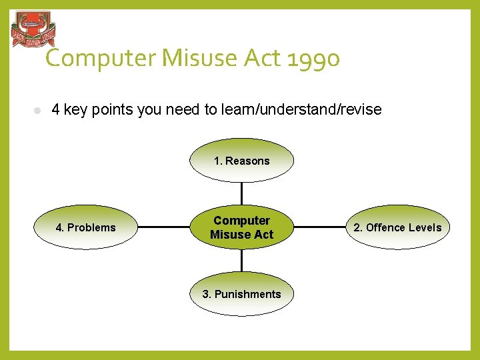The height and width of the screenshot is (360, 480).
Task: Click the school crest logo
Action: pyautogui.click(x=33, y=30)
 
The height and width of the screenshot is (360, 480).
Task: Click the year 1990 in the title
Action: pyautogui.click(x=314, y=59)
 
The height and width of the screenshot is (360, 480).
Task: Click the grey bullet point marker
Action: pyautogui.click(x=38, y=110)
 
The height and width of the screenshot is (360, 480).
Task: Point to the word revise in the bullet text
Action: pyautogui.click(x=361, y=109)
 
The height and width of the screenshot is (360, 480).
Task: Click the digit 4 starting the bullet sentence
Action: pyautogui.click(x=55, y=109)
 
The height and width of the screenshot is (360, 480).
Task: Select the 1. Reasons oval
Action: pyautogui.click(x=241, y=161)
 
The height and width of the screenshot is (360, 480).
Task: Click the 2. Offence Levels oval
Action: pyautogui.click(x=397, y=227)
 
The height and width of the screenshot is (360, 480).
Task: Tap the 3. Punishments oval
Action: pyautogui.click(x=241, y=294)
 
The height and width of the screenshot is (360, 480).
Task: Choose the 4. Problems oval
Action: pyautogui.click(x=85, y=227)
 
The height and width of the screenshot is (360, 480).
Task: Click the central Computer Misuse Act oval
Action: pyautogui.click(x=241, y=227)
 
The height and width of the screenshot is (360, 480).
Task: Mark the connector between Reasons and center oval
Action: pyautogui.click(x=241, y=193)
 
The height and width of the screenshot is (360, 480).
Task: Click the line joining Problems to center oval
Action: pyautogui.click(x=163, y=227)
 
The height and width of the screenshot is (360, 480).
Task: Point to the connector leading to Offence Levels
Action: pyautogui.click(x=319, y=227)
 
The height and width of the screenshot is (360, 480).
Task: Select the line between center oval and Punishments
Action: pyautogui.click(x=241, y=261)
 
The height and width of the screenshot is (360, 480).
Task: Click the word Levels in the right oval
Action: pyautogui.click(x=425, y=227)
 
